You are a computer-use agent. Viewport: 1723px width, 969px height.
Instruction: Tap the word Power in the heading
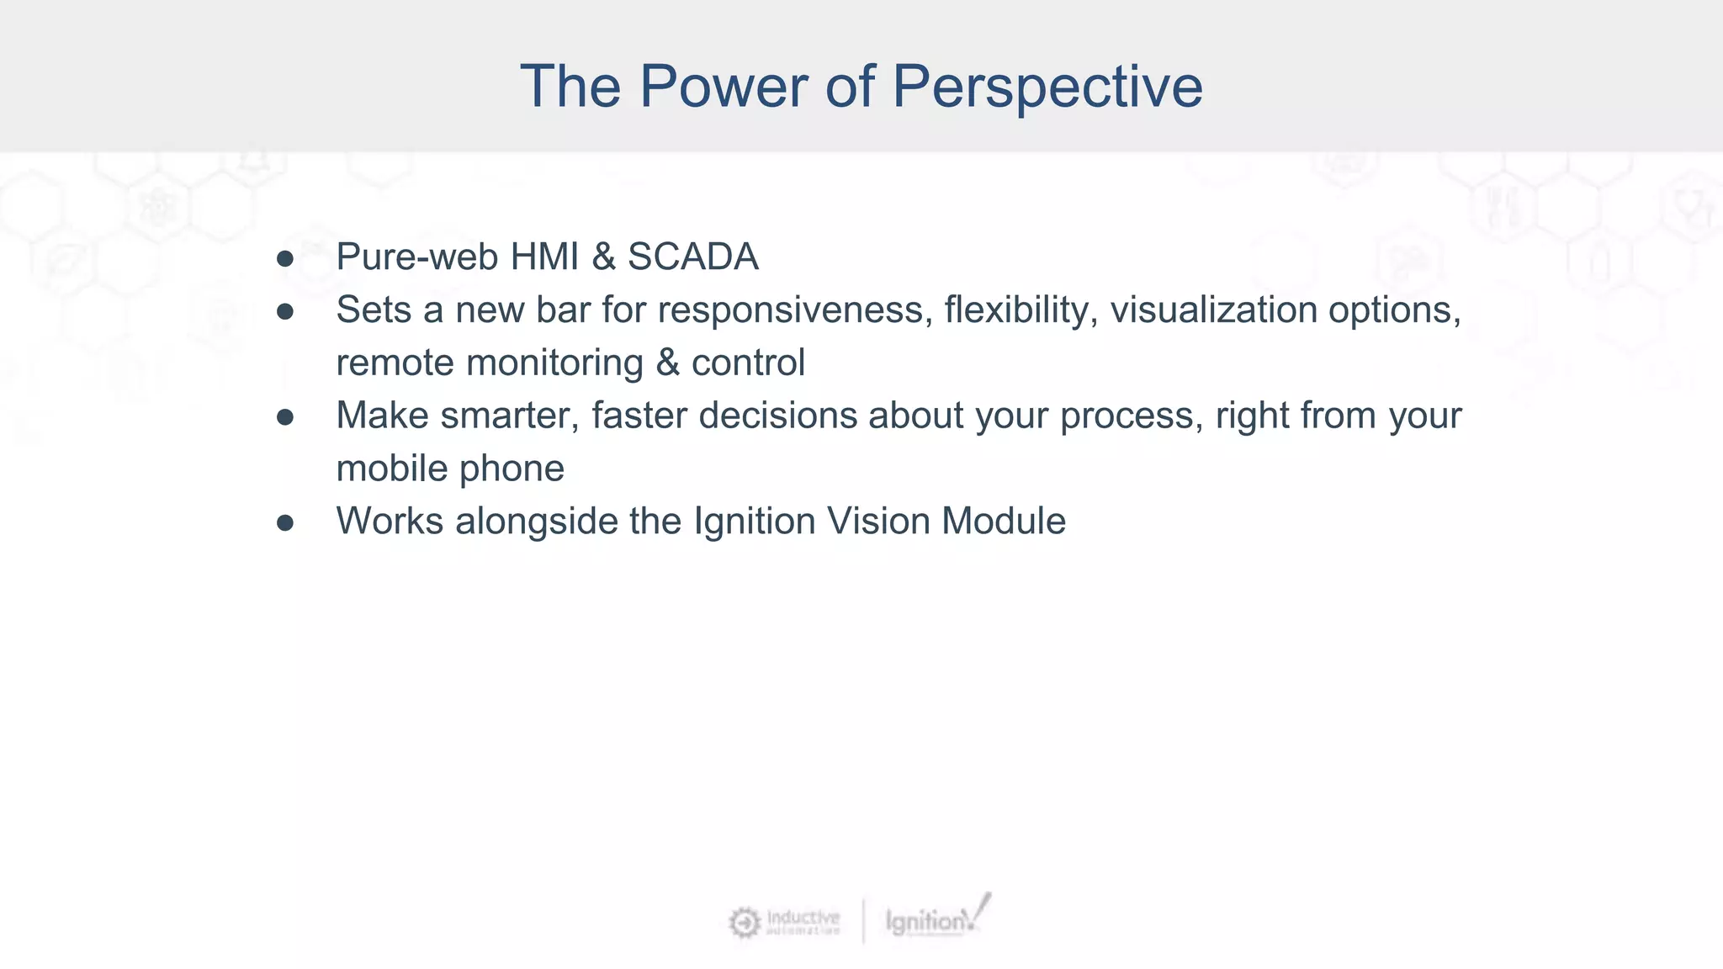723,87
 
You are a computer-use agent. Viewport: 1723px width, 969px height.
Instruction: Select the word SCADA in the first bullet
692,257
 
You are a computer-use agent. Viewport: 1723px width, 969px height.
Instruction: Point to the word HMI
544,257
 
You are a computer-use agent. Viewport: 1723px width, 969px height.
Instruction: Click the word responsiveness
795,310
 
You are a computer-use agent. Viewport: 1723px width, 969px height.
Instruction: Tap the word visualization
1213,310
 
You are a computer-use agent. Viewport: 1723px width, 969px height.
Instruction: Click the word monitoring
554,363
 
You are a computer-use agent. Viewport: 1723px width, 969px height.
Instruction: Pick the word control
748,363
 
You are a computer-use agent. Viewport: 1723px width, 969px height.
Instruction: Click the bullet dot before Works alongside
285,523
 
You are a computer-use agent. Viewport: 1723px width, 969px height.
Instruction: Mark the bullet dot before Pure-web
285,259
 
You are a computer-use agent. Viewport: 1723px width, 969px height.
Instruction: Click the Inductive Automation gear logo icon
744,923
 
